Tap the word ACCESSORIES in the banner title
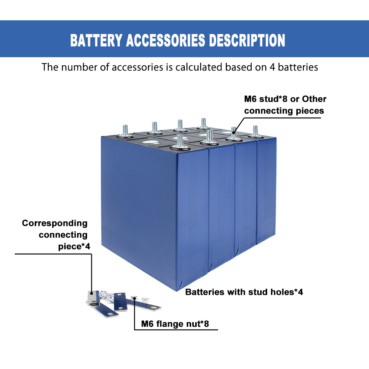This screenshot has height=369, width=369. coord(165,40)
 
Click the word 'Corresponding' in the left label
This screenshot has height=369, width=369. coord(55,223)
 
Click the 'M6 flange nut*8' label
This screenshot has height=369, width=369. coord(175,324)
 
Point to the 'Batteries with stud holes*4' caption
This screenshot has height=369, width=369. coord(244,292)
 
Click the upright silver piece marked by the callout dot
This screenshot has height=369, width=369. coord(91,296)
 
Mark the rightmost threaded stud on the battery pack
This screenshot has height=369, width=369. coord(255,131)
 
